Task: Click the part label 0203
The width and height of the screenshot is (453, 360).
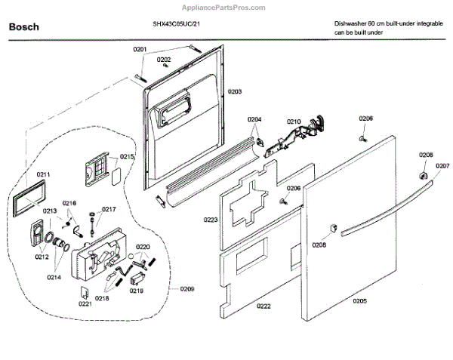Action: pyautogui.click(x=234, y=91)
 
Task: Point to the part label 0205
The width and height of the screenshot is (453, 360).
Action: pyautogui.click(x=359, y=302)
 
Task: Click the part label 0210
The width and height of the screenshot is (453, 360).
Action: pyautogui.click(x=293, y=121)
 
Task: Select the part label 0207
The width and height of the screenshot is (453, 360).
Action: pyautogui.click(x=442, y=165)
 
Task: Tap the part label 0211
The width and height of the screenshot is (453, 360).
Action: pyautogui.click(x=44, y=174)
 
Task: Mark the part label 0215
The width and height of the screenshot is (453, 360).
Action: pyautogui.click(x=126, y=156)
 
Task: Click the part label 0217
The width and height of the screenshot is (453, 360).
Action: pyautogui.click(x=109, y=209)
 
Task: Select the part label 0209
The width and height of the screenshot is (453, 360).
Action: pyautogui.click(x=186, y=290)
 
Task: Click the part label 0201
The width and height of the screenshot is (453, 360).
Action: pyautogui.click(x=140, y=49)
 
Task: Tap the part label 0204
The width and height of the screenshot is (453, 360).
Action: pyautogui.click(x=254, y=120)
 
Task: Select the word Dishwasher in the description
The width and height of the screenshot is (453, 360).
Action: pyautogui.click(x=352, y=24)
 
